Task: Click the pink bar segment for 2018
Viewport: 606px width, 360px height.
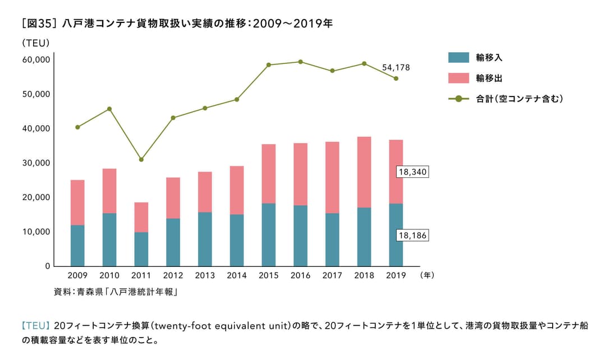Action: click(364, 172)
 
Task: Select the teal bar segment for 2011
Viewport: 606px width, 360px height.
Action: click(141, 249)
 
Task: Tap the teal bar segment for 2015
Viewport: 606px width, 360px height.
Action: click(268, 234)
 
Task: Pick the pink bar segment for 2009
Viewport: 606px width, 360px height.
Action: click(77, 202)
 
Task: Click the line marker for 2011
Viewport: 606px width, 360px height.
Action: click(141, 160)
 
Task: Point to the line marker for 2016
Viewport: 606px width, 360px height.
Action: click(300, 62)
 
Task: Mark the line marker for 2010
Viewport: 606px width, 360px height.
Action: click(109, 109)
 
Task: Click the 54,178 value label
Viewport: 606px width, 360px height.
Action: click(396, 67)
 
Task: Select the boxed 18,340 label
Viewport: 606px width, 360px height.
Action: click(412, 172)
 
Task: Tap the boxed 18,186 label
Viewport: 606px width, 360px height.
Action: click(412, 236)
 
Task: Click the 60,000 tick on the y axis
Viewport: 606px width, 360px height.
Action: click(35, 59)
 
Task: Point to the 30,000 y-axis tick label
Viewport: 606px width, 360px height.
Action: click(35, 163)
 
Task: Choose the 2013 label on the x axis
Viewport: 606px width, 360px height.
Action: click(205, 275)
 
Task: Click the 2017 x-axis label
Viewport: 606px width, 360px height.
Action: click(332, 275)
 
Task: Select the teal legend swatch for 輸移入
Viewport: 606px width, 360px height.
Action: click(458, 57)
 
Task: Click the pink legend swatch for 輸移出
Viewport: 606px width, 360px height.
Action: click(458, 78)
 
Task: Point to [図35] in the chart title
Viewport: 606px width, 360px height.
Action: click(39, 23)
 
